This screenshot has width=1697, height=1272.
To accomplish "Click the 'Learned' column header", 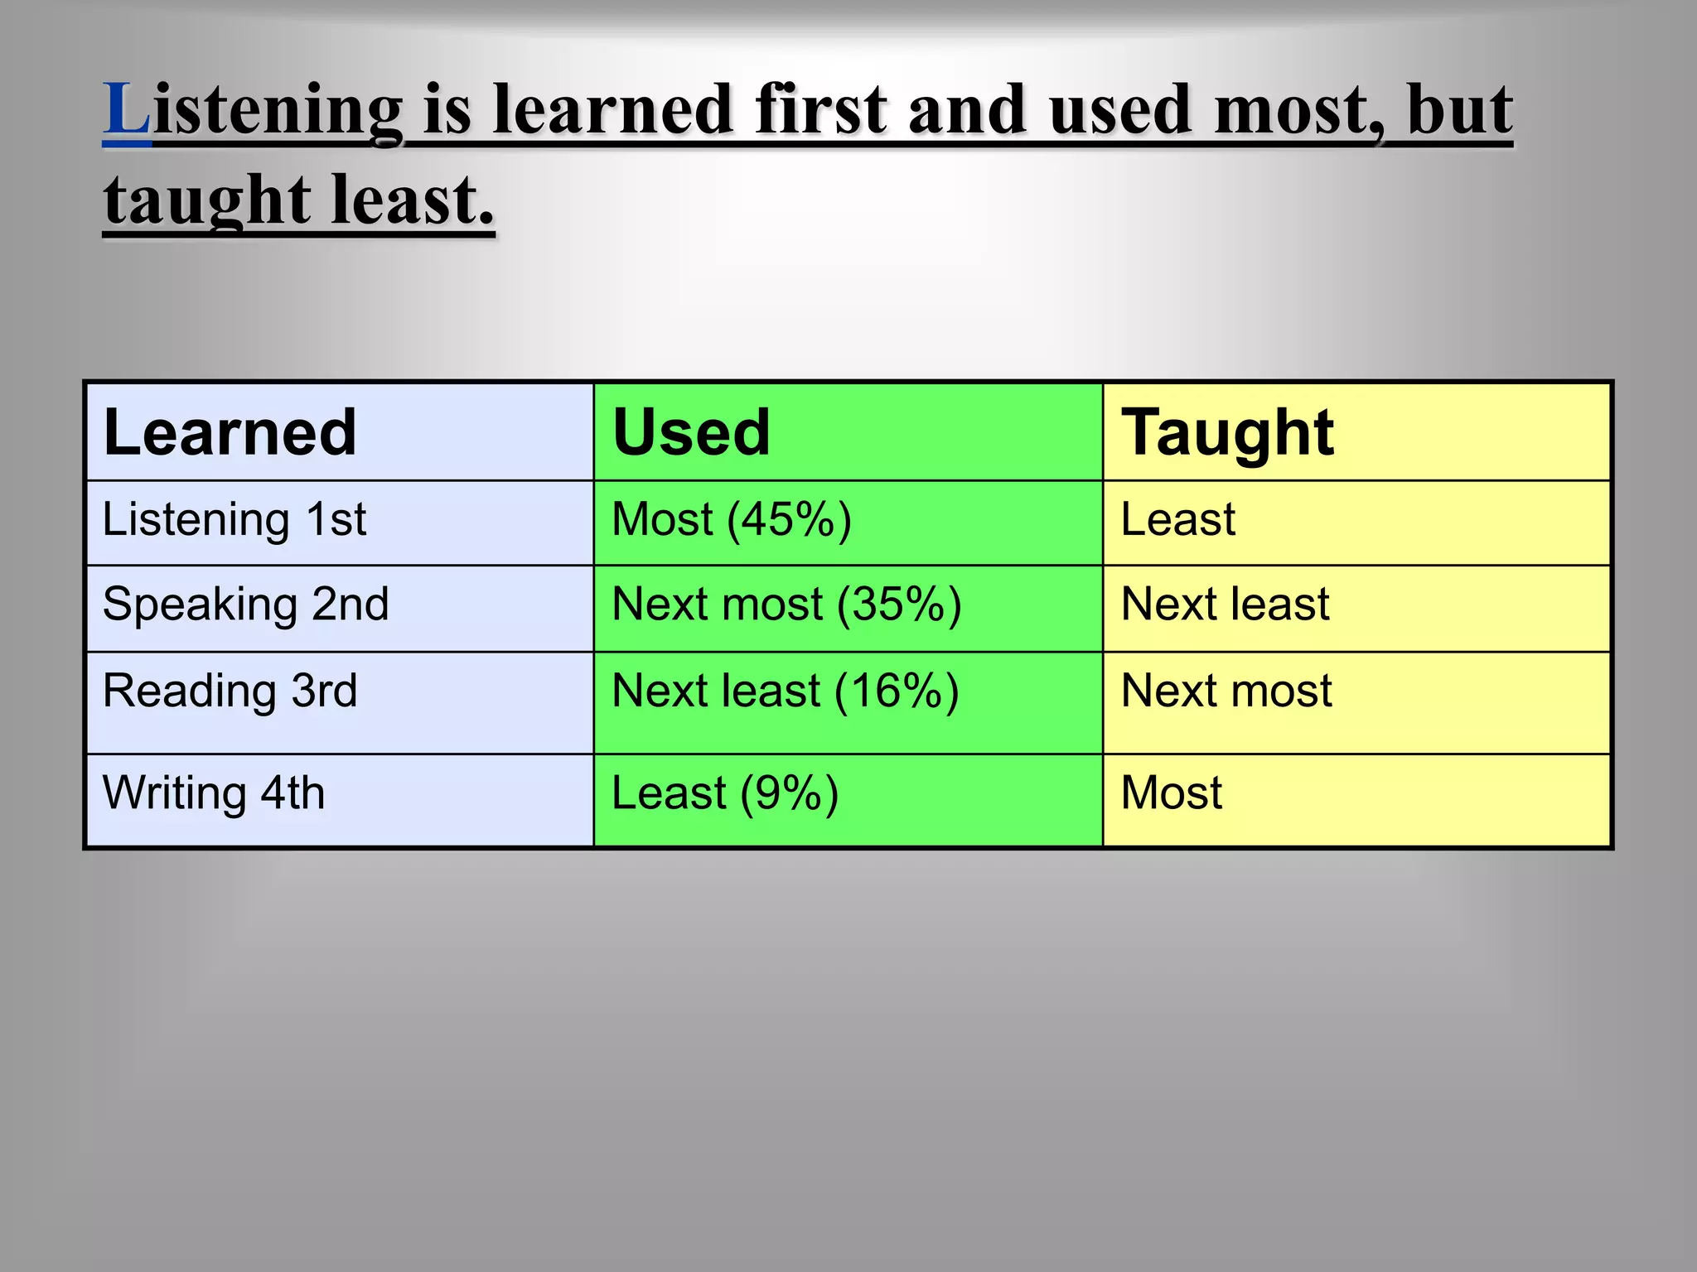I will [x=230, y=432].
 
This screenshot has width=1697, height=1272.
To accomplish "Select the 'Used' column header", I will [x=691, y=432].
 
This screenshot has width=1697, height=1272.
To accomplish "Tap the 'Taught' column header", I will [x=1227, y=432].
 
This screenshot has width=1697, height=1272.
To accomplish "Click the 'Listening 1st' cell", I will [x=234, y=520].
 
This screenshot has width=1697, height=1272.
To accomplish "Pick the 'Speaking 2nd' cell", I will [x=245, y=605].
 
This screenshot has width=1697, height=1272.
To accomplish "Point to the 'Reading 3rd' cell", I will [x=230, y=691].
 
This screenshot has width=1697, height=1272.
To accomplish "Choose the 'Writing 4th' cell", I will [x=214, y=793].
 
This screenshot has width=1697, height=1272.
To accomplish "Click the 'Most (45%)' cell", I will [x=731, y=520].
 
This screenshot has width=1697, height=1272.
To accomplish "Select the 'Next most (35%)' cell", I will [x=786, y=605].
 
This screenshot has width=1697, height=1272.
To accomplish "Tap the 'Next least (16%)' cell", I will [x=785, y=691].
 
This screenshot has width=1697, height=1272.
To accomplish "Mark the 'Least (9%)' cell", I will [x=725, y=793].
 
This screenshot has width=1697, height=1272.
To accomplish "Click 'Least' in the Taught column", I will [x=1177, y=520].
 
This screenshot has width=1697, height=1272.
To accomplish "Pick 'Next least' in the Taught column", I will [x=1225, y=605].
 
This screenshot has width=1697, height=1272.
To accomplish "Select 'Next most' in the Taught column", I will [x=1226, y=691].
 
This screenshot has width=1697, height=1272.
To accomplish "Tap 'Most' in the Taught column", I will [x=1171, y=793].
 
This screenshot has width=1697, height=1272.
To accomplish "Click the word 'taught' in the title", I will [x=207, y=200].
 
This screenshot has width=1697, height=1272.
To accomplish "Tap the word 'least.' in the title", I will [x=412, y=200].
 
